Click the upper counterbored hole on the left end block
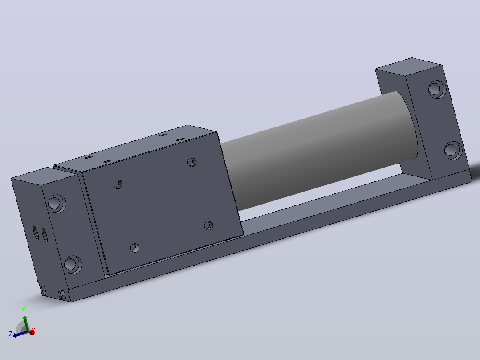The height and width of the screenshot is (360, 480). tap(57, 204)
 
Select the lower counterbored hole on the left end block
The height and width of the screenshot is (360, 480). tap(73, 265)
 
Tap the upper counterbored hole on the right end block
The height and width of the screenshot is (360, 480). tap(437, 89)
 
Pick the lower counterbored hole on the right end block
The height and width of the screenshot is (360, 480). tap(453, 150)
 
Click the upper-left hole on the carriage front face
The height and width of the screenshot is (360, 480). tap(118, 184)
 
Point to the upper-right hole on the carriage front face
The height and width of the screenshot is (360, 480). tap(192, 162)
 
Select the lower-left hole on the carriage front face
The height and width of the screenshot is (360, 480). tap(135, 248)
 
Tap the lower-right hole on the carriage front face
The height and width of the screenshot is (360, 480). tap(209, 226)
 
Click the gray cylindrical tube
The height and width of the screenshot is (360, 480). tap(318, 150)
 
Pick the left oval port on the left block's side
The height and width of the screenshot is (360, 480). tap(36, 233)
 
